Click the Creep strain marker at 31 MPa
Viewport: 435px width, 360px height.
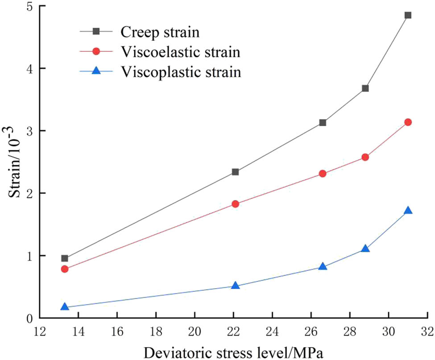coord(407,15)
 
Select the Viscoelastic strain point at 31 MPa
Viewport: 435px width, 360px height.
coord(407,122)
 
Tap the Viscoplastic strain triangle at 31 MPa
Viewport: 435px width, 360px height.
coord(407,211)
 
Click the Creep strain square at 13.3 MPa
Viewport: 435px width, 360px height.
coord(65,258)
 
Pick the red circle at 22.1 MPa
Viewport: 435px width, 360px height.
coord(236,204)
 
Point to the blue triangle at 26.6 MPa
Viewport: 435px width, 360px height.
coord(323,267)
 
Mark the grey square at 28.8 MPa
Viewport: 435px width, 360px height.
coord(365,88)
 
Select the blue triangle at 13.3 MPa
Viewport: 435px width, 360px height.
coord(65,307)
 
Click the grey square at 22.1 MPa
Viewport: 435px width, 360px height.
coord(236,172)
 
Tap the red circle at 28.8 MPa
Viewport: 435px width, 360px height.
coord(365,157)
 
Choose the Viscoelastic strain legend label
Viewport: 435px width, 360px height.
coord(180,52)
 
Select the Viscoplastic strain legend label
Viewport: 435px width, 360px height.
coord(181,72)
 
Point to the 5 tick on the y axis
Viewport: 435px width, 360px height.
coord(32,6)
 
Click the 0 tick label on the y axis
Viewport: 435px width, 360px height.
coord(32,318)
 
